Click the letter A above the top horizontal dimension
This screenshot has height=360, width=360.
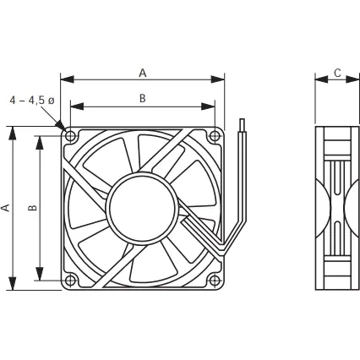coord(143,73)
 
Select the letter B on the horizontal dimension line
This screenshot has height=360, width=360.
coord(143,99)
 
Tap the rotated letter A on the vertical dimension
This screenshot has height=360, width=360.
coord(7,207)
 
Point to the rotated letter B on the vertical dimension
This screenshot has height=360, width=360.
coord(32,207)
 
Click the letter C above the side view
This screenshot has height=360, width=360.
coord(337,73)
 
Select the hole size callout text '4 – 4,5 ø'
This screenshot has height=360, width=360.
coord(31,100)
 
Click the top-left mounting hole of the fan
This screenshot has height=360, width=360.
coord(70,135)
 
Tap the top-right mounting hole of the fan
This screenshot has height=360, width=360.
coord(215,135)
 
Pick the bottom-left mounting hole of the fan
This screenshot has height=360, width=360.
coord(70,281)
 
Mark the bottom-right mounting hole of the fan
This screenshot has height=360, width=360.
coord(215,281)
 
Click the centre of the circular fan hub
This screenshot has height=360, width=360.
coord(143,207)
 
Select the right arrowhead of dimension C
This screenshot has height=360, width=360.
coord(356,79)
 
